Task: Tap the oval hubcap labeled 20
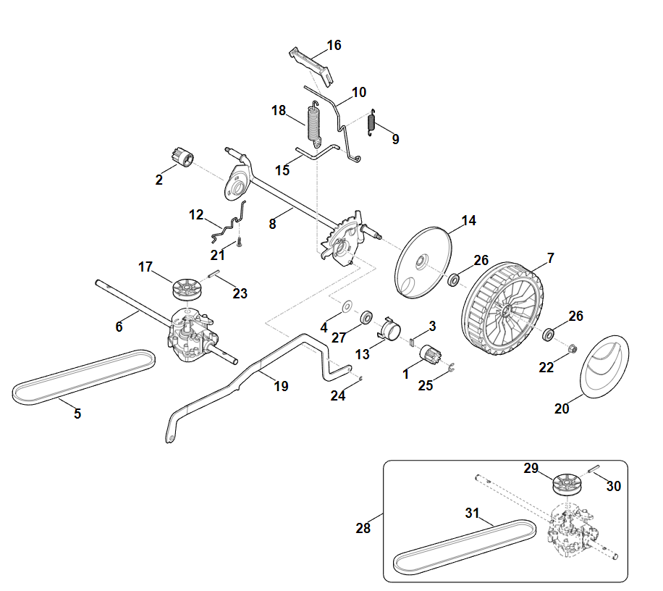607,367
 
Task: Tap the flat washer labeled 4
346,307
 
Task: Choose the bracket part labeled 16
313,63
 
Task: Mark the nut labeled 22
572,350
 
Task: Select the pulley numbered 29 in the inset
566,482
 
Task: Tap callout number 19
281,386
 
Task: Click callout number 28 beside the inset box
363,528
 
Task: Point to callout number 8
272,224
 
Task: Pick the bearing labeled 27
366,318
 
